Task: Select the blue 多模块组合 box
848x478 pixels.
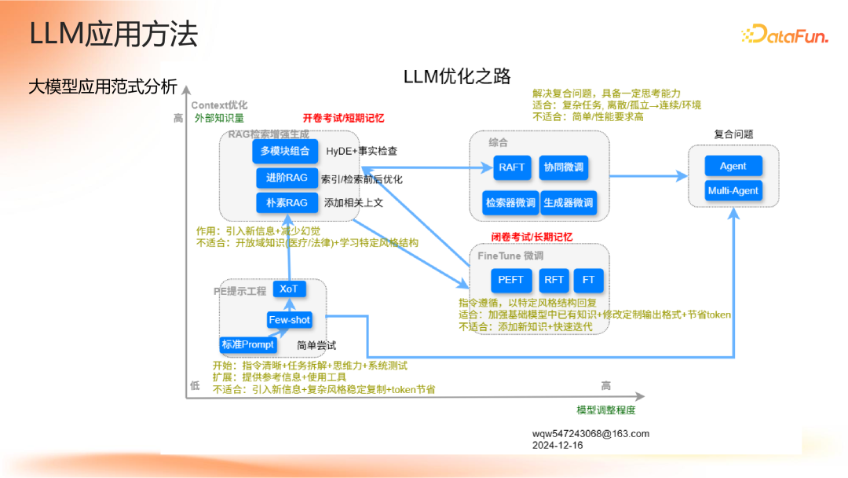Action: click(x=286, y=151)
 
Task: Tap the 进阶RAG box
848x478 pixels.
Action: click(x=287, y=178)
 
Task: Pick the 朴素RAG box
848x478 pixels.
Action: click(x=287, y=203)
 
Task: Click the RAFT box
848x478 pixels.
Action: click(x=512, y=167)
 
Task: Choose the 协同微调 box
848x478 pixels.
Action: click(x=564, y=167)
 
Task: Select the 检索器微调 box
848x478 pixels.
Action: click(x=510, y=203)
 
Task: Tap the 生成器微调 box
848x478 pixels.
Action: click(x=568, y=203)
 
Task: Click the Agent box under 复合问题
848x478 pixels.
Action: click(x=733, y=166)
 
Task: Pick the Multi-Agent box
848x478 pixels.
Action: click(x=733, y=191)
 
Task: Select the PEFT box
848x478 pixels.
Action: click(x=510, y=280)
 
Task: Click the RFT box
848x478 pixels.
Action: click(x=554, y=280)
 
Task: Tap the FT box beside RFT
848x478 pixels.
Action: click(x=589, y=280)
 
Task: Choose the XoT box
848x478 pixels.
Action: click(x=289, y=289)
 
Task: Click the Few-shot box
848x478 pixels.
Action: click(x=289, y=320)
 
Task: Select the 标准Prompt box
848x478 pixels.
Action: click(x=247, y=344)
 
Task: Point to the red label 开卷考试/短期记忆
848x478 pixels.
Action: click(x=343, y=118)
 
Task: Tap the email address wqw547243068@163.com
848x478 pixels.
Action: click(x=590, y=434)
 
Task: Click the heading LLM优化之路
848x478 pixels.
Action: click(x=457, y=76)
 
